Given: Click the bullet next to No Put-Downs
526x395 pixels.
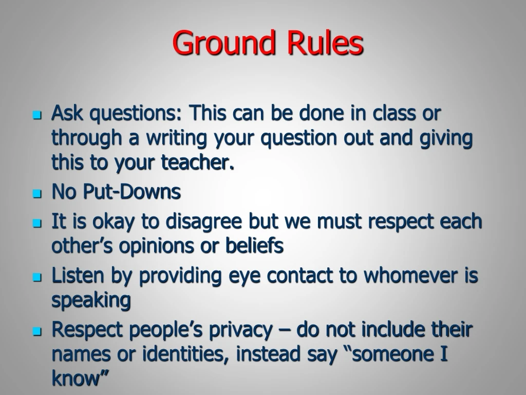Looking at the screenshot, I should pyautogui.click(x=36, y=194).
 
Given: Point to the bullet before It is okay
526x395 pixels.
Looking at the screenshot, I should pyautogui.click(x=36, y=223).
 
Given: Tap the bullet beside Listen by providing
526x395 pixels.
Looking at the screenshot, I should pyautogui.click(x=36, y=278).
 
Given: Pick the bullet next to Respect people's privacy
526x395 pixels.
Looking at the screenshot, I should pyautogui.click(x=36, y=332).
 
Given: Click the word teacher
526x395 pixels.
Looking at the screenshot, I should pyautogui.click(x=198, y=163).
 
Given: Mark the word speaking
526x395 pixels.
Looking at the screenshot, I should pyautogui.click(x=91, y=301).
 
